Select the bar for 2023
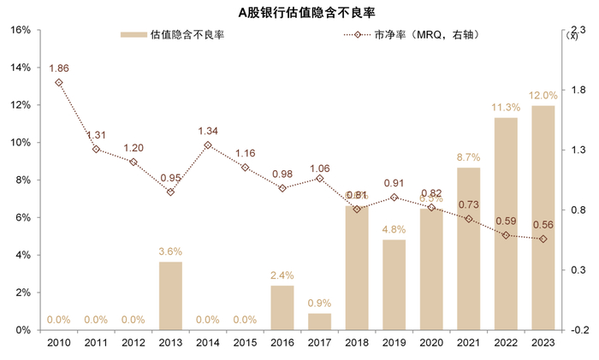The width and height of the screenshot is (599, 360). [543, 217]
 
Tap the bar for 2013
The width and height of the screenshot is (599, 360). [170, 296]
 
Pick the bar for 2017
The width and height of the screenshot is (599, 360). [319, 322]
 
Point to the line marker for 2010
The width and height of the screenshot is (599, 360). [59, 83]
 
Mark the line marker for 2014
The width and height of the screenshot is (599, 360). [208, 145]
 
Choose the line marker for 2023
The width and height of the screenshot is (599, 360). [543, 239]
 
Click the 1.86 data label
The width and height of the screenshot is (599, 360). [59, 68]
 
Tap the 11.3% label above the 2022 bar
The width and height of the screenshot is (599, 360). [506, 108]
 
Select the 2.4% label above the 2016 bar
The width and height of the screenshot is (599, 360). [282, 275]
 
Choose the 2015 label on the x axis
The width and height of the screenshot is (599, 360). [245, 343]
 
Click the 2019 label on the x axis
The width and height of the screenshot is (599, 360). [394, 343]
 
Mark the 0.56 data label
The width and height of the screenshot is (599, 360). [543, 225]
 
